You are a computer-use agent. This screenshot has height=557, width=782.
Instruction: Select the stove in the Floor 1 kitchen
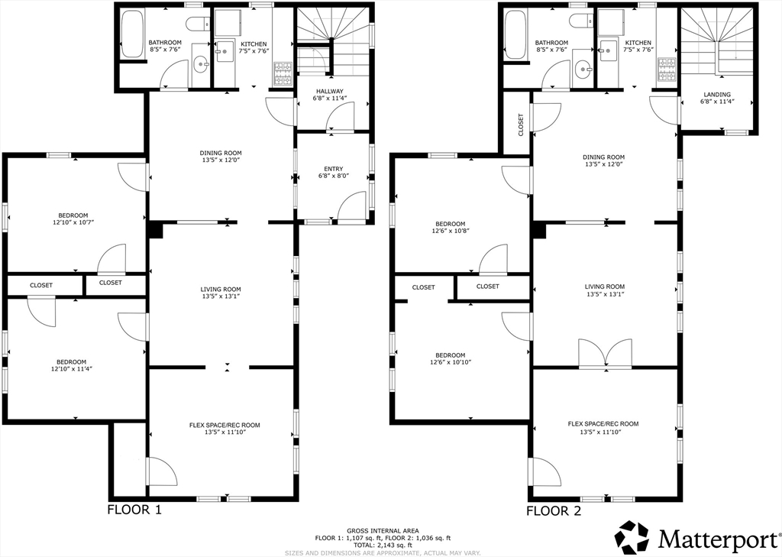283,74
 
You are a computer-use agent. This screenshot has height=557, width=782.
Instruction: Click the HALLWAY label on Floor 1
330,92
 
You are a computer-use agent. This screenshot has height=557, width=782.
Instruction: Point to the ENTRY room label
333,169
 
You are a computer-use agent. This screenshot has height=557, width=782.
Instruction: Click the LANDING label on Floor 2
717,94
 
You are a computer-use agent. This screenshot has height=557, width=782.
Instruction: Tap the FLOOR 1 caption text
134,510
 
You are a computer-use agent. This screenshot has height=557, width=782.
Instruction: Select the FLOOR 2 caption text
554,510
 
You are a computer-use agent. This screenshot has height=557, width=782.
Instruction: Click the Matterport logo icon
632,538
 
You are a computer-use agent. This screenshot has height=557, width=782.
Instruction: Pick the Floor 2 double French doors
605,355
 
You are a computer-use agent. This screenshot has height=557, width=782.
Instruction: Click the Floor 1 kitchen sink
225,51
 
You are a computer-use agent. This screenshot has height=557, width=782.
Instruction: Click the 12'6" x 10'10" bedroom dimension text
451,362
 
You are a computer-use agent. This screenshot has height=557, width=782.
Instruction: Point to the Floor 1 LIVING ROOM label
221,290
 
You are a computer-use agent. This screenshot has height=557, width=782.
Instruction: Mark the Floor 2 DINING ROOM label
604,157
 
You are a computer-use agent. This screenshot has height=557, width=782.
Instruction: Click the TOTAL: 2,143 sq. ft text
383,545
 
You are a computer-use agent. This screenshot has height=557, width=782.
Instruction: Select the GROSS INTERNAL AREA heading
383,530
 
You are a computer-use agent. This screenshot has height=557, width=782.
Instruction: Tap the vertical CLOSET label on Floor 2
521,125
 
